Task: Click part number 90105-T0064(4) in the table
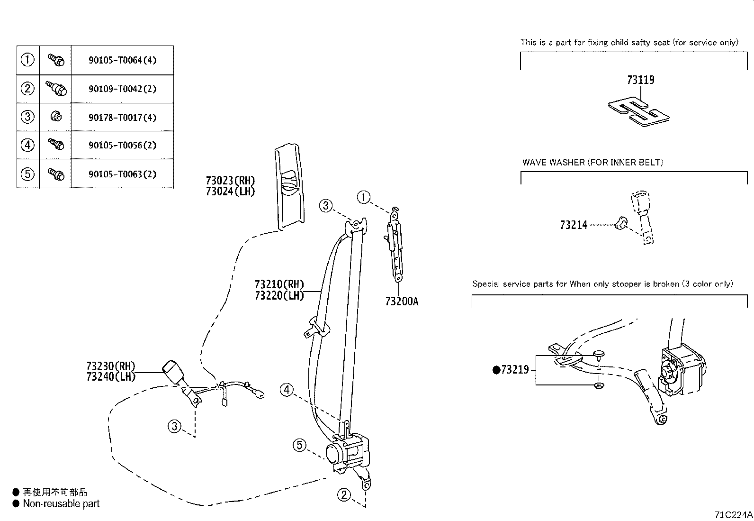tap(122, 60)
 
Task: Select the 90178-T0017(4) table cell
tap(122, 117)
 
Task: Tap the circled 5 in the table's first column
tap(27, 174)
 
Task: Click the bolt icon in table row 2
tap(56, 88)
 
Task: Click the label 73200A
tap(402, 302)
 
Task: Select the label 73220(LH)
tap(278, 295)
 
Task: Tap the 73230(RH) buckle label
tap(111, 366)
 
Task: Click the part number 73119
tap(640, 80)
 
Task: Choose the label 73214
tap(573, 225)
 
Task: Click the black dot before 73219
tap(496, 370)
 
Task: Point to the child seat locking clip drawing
tap(639, 113)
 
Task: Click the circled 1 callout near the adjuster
tap(363, 197)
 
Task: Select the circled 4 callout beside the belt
tap(287, 390)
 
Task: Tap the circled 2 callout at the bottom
tap(344, 495)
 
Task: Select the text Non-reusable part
tap(61, 503)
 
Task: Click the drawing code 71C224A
tap(733, 515)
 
